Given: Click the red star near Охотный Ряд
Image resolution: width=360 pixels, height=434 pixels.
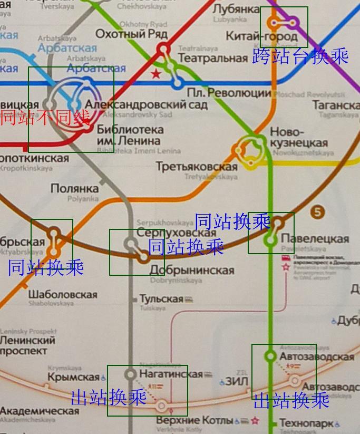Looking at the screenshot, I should pos(156,74).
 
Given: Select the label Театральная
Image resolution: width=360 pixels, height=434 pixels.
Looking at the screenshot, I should pos(213,58).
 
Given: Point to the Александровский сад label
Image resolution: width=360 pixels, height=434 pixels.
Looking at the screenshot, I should pos(143,104).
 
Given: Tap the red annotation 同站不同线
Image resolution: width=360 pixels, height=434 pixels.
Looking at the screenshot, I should pos(44,118).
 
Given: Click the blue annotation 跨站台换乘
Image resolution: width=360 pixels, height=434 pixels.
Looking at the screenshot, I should pos(300,56).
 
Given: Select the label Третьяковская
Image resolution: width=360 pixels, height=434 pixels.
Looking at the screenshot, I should pos(197,167).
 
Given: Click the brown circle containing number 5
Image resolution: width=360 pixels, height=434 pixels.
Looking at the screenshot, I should pos(317,213).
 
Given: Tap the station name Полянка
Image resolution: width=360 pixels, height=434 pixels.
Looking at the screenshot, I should pos(74,188).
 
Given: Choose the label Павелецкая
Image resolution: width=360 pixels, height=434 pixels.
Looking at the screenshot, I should pos(315,238).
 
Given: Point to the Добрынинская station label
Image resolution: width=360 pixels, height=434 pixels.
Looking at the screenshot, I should pos(192,271).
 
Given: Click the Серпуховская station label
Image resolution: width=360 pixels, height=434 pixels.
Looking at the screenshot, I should pos(177,233).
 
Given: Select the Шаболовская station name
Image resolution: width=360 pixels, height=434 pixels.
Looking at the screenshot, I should pos(63,294).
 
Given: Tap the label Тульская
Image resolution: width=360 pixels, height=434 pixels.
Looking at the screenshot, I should pos(161,299).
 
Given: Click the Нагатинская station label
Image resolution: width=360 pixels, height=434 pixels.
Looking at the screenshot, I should pos(171,374).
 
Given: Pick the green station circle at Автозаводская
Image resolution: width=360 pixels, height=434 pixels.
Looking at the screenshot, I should pos(270,356).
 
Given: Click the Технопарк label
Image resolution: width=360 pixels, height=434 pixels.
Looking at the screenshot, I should pos(306,423).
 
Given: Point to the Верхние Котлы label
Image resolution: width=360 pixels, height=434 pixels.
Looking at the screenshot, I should pos(194,420).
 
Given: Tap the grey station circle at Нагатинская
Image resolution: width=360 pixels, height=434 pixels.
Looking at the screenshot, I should pos(130,374).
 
